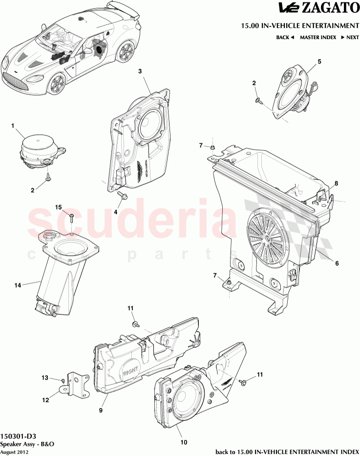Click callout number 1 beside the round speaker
click(14, 126)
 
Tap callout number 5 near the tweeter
click(319, 61)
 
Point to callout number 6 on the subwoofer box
click(337, 263)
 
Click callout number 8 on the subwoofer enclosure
click(336, 184)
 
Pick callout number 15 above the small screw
click(58, 207)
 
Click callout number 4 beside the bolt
click(116, 212)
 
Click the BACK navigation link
click(285, 37)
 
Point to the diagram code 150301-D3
click(18, 436)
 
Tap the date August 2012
click(15, 452)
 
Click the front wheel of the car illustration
click(58, 84)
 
